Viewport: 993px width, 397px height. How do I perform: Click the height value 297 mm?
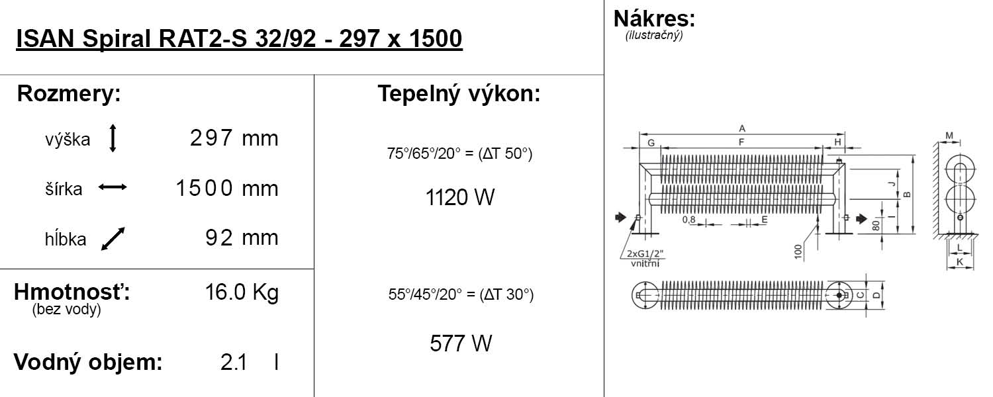point(234,138)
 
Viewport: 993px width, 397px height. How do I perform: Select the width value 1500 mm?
point(226,189)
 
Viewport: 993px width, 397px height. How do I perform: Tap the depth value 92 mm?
point(242,238)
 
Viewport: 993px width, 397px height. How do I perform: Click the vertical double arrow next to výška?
point(113,138)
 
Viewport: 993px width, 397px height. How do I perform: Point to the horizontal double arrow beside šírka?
point(113,188)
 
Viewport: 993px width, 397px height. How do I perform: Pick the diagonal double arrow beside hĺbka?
point(113,239)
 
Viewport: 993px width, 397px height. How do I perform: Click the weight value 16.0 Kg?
point(242,292)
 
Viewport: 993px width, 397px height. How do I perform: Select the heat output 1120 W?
point(459,197)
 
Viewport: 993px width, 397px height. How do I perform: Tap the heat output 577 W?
point(460,343)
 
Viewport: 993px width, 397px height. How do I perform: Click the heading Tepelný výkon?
point(459,94)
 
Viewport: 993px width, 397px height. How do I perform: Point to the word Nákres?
point(654,18)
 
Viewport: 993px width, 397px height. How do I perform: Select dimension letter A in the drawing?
point(742,128)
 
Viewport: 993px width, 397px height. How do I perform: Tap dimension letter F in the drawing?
point(741,142)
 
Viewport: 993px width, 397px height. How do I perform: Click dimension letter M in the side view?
point(949,136)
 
